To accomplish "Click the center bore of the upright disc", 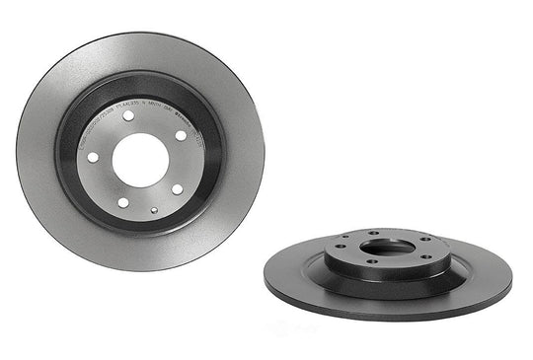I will tap(138, 159).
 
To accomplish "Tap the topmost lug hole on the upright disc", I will tap(129, 116).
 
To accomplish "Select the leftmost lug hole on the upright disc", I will tap(94, 157).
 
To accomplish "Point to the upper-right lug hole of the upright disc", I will tap(180, 135).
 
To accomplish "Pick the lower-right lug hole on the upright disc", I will tap(176, 188).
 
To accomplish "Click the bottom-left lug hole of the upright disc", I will tap(123, 202).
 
